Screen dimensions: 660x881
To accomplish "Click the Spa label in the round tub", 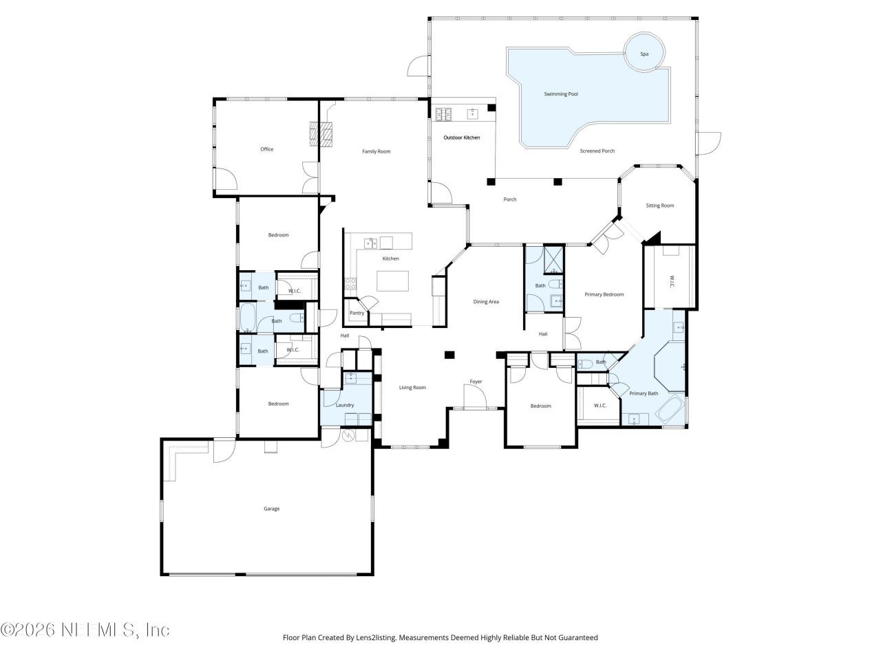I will tap(644, 54).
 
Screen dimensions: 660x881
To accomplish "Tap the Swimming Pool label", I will tap(561, 93).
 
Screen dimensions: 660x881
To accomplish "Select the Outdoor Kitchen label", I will tap(461, 137).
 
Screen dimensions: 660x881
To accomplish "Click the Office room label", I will tap(266, 149).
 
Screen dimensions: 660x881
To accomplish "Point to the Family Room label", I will tap(376, 151).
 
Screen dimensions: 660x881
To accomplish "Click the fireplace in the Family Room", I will tap(321, 134).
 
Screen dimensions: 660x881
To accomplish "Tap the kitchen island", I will tap(392, 281).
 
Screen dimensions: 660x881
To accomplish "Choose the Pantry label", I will tap(357, 313).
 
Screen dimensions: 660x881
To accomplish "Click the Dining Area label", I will tap(486, 302).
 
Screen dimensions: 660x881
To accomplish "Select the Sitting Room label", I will tap(659, 206).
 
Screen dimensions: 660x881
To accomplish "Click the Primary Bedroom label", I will tap(604, 294).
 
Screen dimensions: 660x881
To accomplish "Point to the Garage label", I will tap(271, 509).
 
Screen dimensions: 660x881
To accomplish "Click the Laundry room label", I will tap(345, 405).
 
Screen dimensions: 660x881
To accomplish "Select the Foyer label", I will tap(476, 382).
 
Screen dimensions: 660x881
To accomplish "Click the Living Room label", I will tap(412, 387).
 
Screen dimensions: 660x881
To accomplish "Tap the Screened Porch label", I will tap(597, 151).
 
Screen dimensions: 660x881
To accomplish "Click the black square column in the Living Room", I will tap(449, 355).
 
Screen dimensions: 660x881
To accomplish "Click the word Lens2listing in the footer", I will tap(376, 637).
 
